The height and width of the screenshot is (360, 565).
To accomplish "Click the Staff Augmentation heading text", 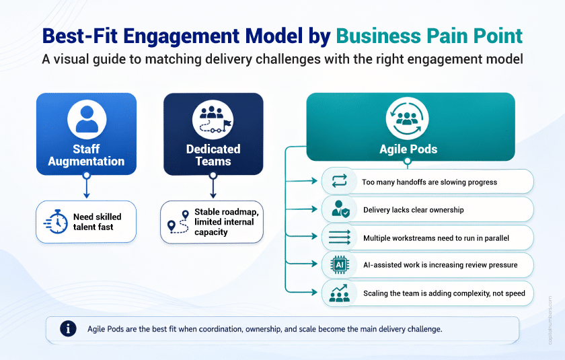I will pos(86,155).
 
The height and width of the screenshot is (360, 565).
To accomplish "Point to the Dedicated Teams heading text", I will pos(213,155).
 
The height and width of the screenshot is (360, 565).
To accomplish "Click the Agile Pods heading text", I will pos(408,149).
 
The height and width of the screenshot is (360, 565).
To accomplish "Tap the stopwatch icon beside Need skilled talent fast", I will pos(56,221).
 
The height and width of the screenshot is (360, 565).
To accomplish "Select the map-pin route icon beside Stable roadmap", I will pos(178,221).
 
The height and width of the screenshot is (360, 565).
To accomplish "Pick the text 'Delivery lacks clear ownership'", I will pos(413,210).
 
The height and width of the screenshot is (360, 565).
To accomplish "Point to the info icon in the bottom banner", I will pos(68,328).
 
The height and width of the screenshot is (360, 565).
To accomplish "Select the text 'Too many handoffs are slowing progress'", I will pos(429,182).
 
